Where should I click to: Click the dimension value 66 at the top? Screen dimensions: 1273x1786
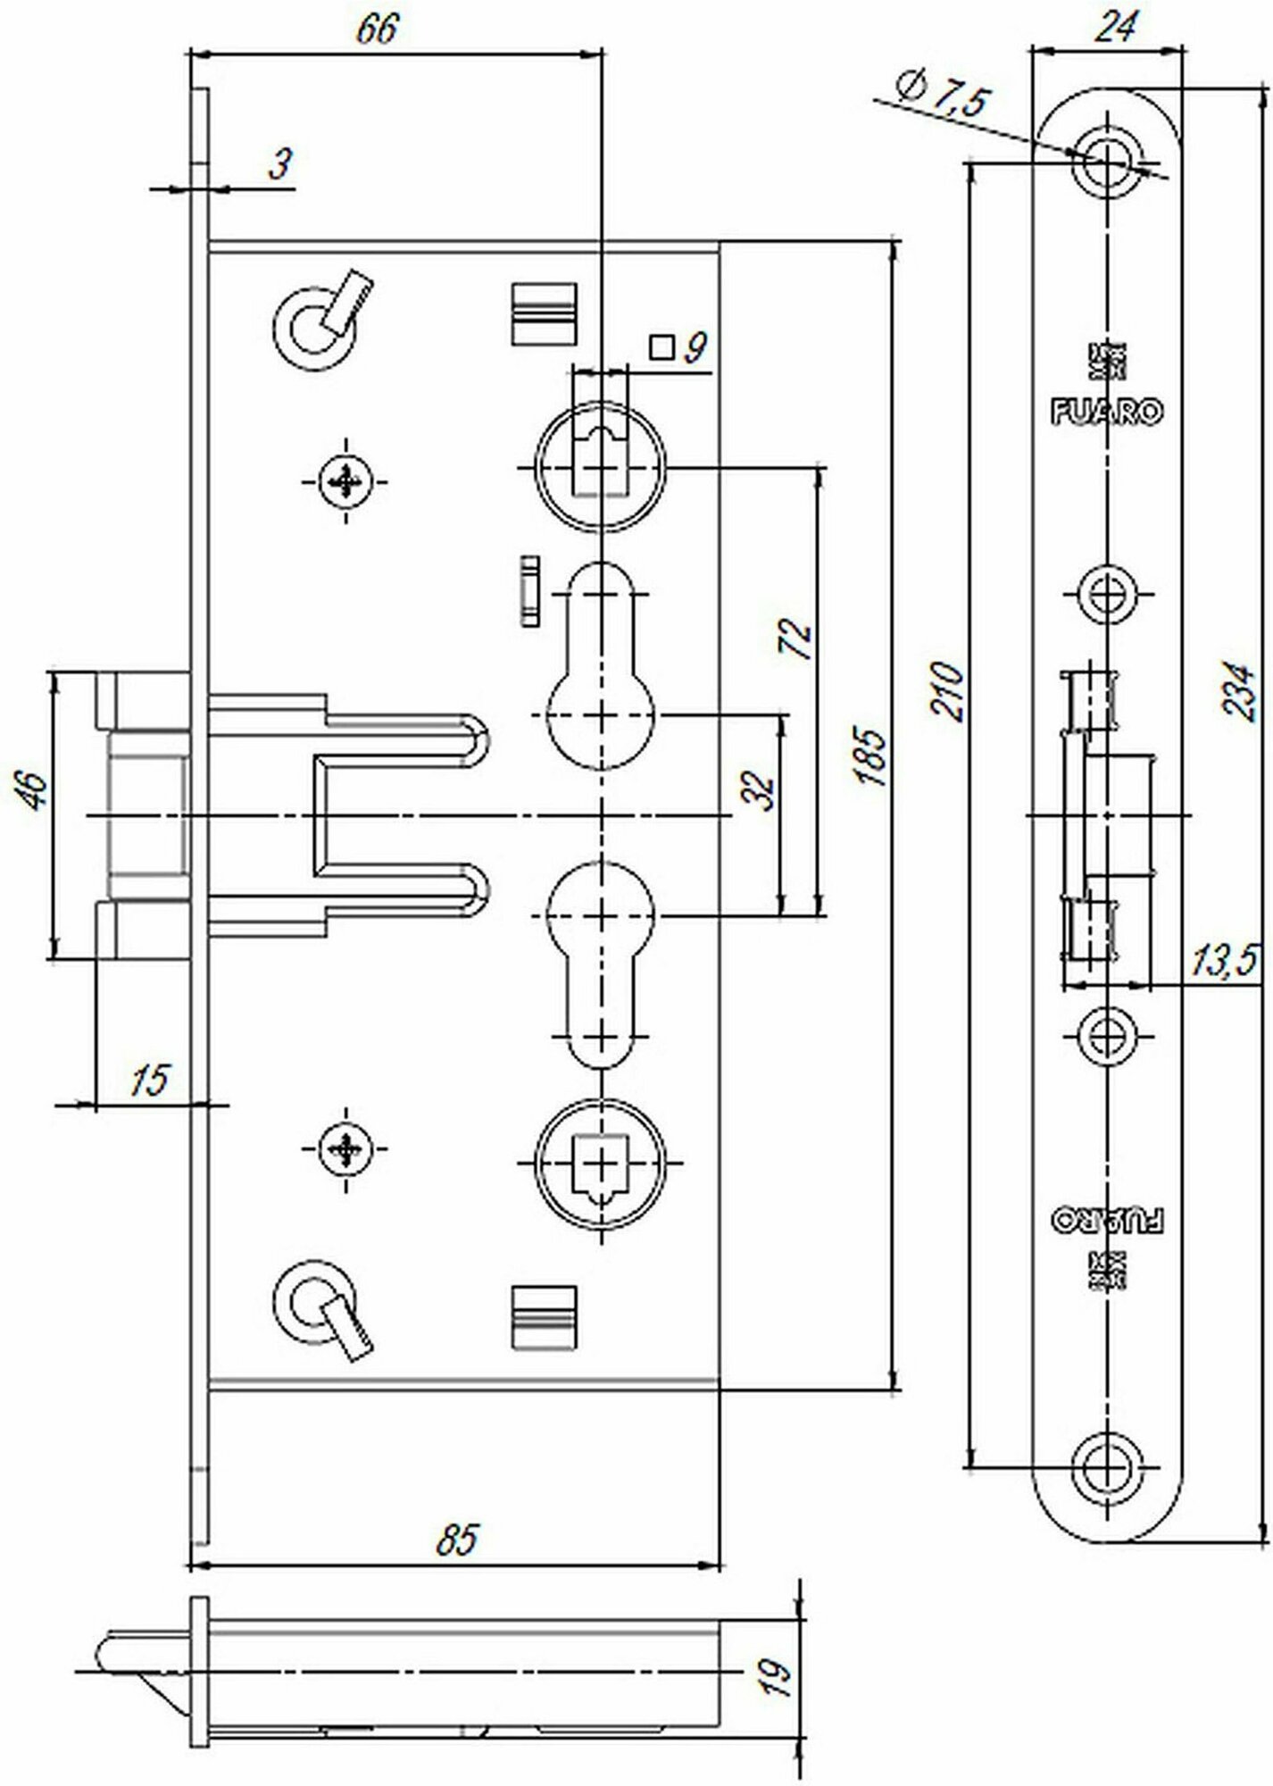(x=376, y=29)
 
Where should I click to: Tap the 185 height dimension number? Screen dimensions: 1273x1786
(x=871, y=758)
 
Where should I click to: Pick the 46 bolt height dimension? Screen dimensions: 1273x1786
(x=34, y=792)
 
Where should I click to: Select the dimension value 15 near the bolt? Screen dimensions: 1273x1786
(x=148, y=1080)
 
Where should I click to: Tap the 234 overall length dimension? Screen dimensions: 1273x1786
(x=1238, y=690)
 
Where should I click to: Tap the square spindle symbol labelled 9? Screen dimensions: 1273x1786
(x=661, y=346)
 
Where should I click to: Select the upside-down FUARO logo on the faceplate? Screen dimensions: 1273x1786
(x=1108, y=1221)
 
